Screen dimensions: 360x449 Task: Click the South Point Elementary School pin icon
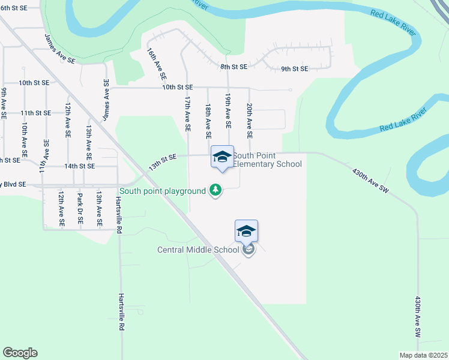(x=222, y=157)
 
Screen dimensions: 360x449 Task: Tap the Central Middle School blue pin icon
(x=246, y=231)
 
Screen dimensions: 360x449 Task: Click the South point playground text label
(x=162, y=191)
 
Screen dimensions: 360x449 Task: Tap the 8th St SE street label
(x=234, y=66)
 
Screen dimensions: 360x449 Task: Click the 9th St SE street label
(x=295, y=69)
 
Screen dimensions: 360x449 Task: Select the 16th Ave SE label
(x=157, y=65)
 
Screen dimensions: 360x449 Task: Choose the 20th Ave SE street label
(x=249, y=116)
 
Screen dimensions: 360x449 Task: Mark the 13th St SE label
(x=163, y=161)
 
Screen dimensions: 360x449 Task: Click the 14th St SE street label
(x=80, y=166)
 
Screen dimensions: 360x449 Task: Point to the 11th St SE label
(x=35, y=112)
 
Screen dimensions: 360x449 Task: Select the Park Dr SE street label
(x=80, y=208)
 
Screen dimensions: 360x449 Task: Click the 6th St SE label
(x=14, y=8)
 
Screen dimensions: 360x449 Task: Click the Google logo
(x=20, y=353)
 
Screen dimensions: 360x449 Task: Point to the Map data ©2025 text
(x=423, y=355)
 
